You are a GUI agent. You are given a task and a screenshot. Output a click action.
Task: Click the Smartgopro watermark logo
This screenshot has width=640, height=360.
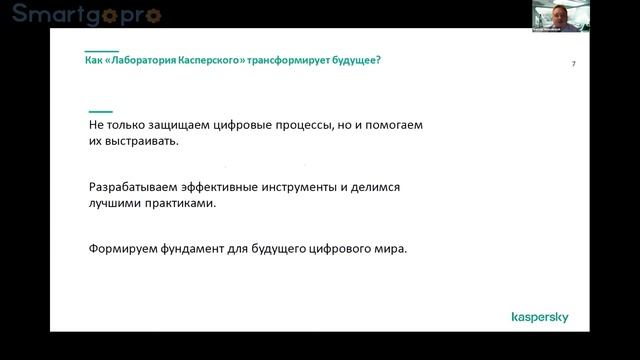coord(86,14)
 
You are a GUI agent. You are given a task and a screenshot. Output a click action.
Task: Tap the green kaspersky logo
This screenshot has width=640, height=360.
coord(539,317)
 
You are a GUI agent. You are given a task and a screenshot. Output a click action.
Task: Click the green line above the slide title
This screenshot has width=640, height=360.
coord(102,50)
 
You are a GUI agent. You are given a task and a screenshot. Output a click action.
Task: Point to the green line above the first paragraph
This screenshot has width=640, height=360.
coord(100,111)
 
